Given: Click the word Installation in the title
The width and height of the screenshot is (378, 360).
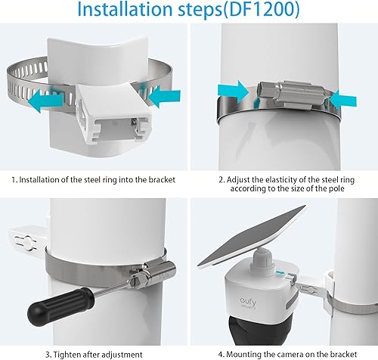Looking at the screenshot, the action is coord(123,9).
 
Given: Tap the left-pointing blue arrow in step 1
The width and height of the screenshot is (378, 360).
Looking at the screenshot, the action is coord(45,101).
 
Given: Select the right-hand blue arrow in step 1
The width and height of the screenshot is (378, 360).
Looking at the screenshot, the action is coord(164,96).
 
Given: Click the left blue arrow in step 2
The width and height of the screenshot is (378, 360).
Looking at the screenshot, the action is coord(234,92).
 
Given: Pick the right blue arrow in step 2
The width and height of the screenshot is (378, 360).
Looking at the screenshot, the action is coord(342,101).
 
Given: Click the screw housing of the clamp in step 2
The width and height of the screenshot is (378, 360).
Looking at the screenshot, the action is coord(293,95).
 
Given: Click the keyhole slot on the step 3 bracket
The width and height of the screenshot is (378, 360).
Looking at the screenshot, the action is coord(26,243).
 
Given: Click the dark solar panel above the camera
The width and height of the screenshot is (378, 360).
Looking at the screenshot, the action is coord(252,236).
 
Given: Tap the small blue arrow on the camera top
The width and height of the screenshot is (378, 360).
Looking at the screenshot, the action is coord(280,272).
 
